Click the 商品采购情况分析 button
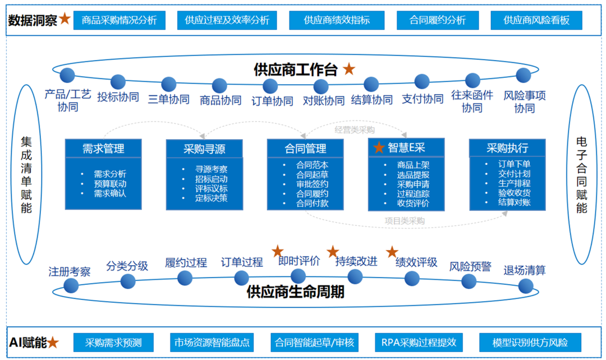pos(119,21)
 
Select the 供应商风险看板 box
pos(536,21)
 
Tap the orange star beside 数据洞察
pos(65,20)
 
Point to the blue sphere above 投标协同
pos(118,82)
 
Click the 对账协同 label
pos(324,101)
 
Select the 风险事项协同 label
pos(524,101)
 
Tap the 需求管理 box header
pos(103,148)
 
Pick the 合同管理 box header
pos(305,148)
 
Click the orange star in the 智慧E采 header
pos(379,147)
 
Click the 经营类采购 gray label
pos(355,130)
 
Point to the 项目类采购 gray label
pos(405,221)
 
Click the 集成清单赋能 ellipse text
pos(26,175)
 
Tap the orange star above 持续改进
pos(333,251)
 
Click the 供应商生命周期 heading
pos(295,292)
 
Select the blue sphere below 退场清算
pos(526,286)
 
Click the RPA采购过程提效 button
pos(419,342)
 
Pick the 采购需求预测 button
pos(113,342)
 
